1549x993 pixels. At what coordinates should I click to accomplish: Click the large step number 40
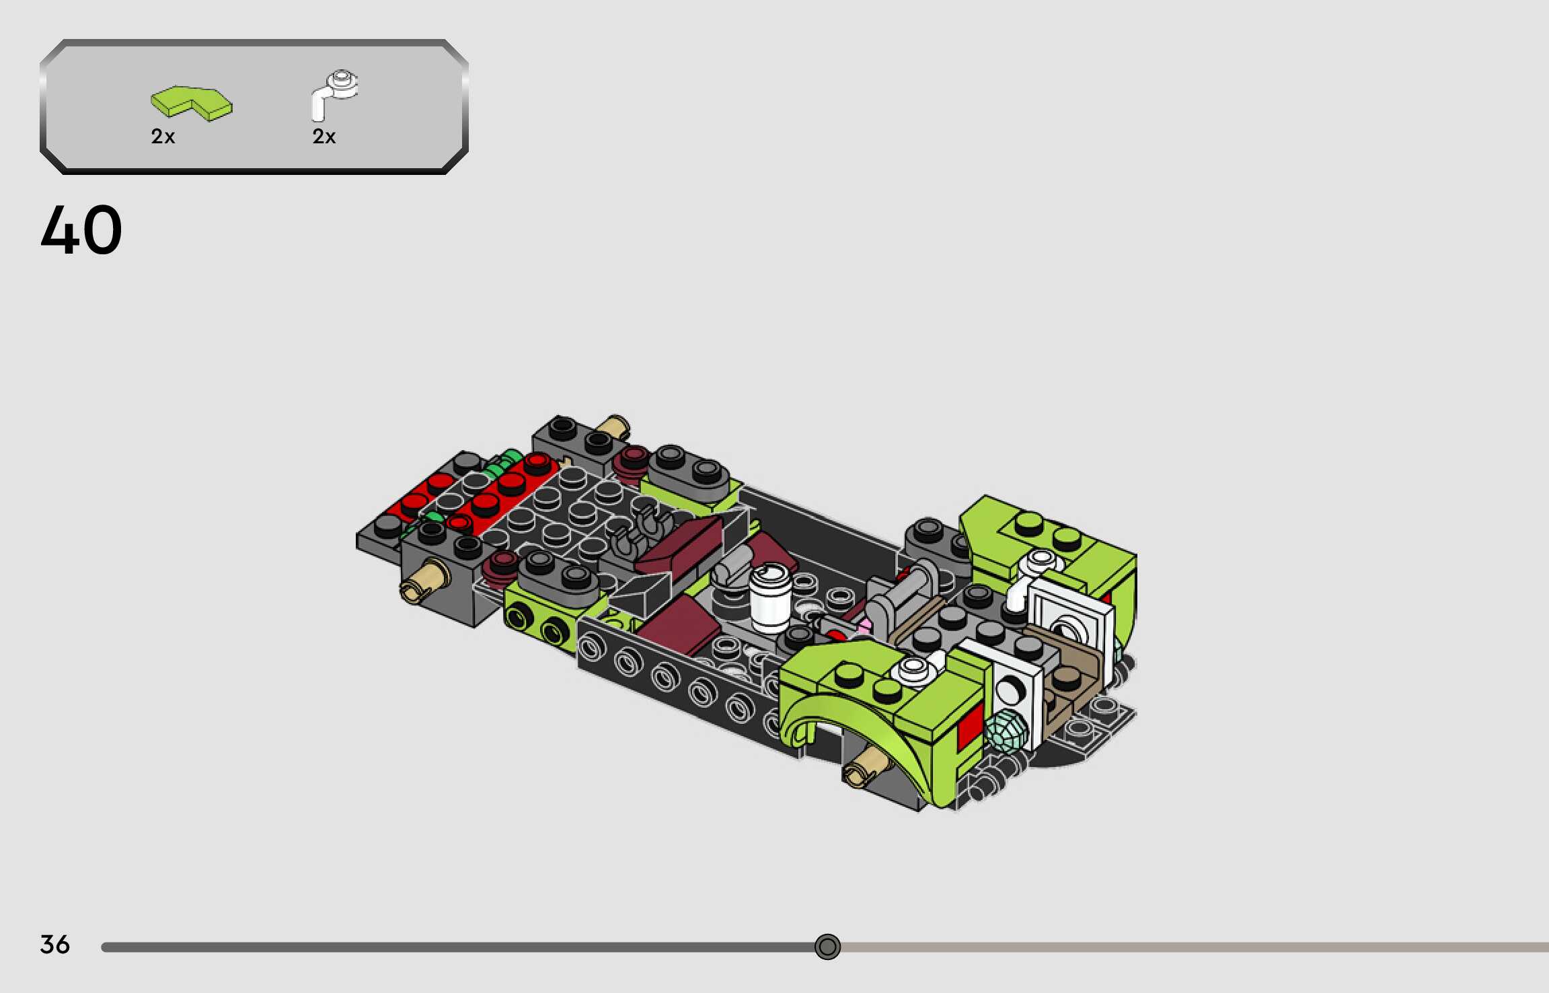[x=81, y=230]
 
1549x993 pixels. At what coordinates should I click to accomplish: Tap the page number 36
[x=54, y=945]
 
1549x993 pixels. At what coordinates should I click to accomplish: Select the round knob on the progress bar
[x=827, y=947]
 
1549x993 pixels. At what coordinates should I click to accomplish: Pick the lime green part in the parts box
[x=191, y=104]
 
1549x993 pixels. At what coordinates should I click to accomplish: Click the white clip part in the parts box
[x=334, y=94]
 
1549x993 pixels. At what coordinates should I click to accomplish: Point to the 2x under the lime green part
[x=163, y=137]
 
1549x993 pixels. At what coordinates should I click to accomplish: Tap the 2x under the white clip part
[x=324, y=137]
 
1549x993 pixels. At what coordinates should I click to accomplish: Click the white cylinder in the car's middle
[x=771, y=597]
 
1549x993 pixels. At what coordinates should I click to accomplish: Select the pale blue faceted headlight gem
[x=1006, y=730]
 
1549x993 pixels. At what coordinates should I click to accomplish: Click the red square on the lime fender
[x=969, y=727]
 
